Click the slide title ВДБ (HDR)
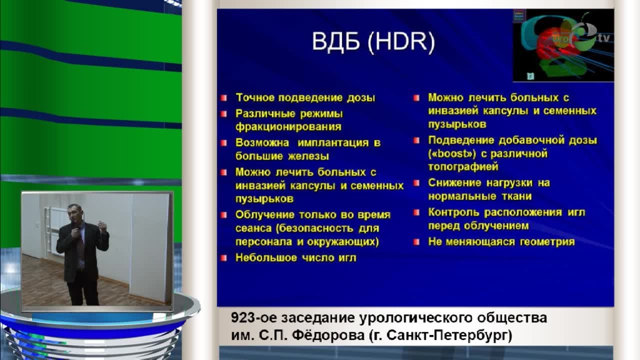coord(373,42)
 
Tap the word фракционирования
coord(288,127)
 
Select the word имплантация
coord(331,143)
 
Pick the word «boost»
coord(452,154)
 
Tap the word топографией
coord(463,167)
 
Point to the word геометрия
coord(547,242)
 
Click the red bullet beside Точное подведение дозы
coord(224,98)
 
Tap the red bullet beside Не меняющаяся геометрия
coord(416,242)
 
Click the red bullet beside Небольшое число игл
coord(224,258)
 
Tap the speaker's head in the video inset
coord(76,213)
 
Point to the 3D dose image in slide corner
coord(563,45)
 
